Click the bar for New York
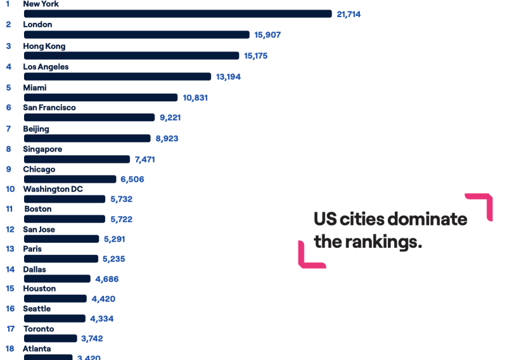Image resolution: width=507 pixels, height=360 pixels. tap(177, 14)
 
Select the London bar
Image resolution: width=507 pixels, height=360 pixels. tap(136, 35)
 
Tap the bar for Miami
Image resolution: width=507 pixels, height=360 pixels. tap(100, 98)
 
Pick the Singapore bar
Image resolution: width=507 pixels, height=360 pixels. tap(77, 159)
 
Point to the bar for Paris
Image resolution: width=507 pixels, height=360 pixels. tap(61, 259)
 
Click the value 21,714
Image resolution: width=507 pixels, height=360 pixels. tap(349, 14)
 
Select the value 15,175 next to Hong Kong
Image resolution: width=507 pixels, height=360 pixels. tap(255, 56)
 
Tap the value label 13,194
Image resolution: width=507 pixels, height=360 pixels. tap(228, 77)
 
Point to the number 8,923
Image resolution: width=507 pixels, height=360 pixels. tap(167, 138)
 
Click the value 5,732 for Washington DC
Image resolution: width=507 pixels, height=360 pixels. tap(121, 199)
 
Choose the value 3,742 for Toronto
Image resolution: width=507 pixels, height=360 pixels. tap(92, 339)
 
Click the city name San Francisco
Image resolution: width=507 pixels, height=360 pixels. tap(49, 108)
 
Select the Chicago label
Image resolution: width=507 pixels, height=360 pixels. tap(39, 169)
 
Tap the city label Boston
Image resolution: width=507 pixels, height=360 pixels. tap(38, 209)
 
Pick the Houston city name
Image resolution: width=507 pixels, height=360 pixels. tap(39, 288)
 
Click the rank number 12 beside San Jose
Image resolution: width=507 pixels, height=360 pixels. tap(10, 229)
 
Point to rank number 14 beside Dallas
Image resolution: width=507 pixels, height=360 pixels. tap(10, 269)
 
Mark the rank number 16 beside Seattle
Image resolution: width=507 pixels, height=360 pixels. tap(10, 309)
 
